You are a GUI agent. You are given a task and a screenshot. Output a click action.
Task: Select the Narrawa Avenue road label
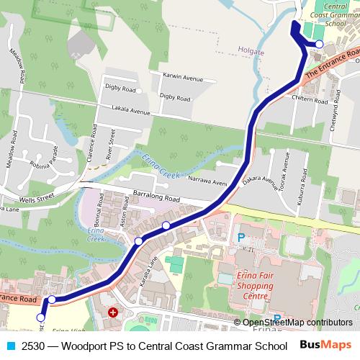coord(207,181)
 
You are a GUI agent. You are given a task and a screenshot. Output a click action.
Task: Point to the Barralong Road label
coord(156,196)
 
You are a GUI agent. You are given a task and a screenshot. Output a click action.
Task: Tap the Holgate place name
coord(251,50)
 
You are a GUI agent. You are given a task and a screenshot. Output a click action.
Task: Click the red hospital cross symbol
coord(112,313)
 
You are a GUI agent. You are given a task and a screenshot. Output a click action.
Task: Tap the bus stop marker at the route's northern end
coord(320,44)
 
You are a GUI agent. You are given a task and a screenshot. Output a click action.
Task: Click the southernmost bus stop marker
coord(41,317)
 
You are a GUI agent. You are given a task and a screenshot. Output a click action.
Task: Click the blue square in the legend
coord(9,346)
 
